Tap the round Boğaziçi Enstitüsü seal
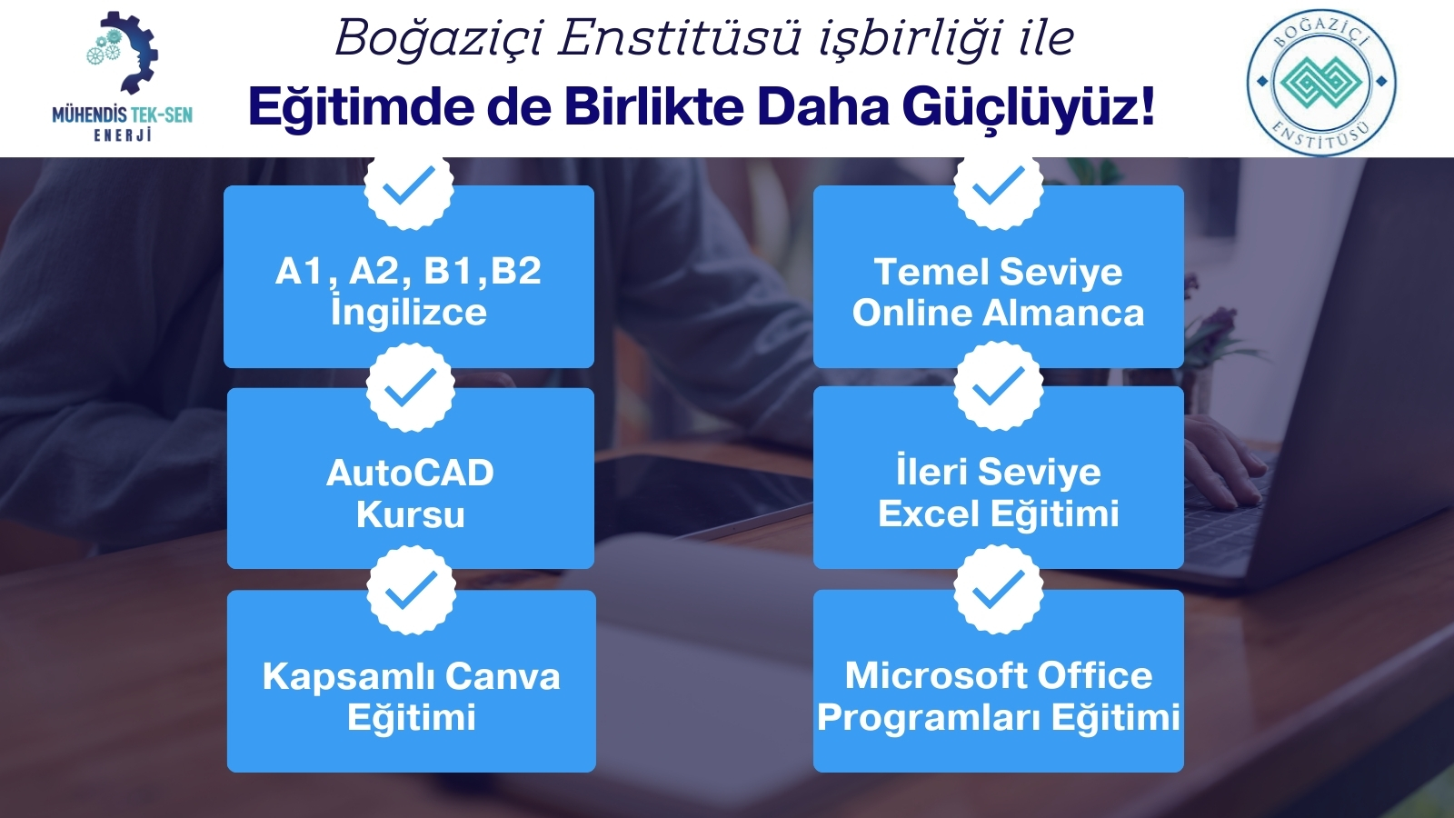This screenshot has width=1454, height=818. (1321, 82)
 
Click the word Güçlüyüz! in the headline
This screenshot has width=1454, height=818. (1029, 106)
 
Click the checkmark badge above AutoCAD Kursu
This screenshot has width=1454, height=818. (410, 387)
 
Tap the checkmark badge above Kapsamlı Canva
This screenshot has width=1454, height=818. (411, 590)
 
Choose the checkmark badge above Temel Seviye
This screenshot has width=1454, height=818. (999, 185)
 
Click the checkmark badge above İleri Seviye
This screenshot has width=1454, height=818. (999, 386)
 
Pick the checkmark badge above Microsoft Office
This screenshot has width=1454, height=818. (999, 589)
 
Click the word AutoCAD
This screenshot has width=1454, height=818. (410, 473)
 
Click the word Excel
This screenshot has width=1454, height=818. (929, 514)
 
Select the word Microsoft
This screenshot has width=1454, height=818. (935, 675)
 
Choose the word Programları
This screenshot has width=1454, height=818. (929, 718)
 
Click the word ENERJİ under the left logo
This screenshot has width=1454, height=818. (123, 135)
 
